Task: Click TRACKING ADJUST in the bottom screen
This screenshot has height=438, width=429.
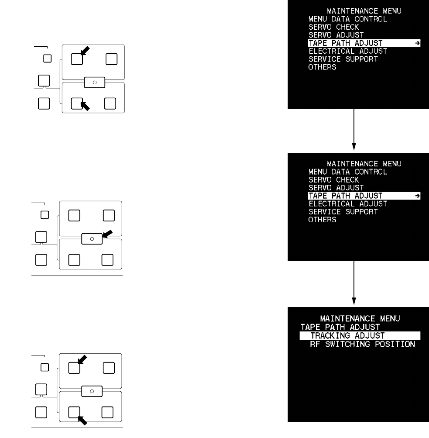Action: (347, 336)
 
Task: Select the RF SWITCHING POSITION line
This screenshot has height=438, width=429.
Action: (359, 344)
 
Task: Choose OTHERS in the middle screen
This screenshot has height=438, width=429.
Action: (322, 220)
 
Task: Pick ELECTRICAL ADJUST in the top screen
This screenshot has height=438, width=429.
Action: (347, 51)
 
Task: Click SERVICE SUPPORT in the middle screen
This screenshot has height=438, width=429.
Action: (343, 212)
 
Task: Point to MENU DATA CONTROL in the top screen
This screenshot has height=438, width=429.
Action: (347, 19)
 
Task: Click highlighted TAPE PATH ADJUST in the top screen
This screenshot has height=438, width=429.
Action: (345, 43)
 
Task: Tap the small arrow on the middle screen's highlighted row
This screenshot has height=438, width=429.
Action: (417, 196)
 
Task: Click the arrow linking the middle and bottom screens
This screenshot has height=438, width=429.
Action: (354, 282)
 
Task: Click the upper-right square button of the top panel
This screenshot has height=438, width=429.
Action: (111, 59)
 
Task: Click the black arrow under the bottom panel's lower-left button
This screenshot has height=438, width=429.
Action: (82, 420)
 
